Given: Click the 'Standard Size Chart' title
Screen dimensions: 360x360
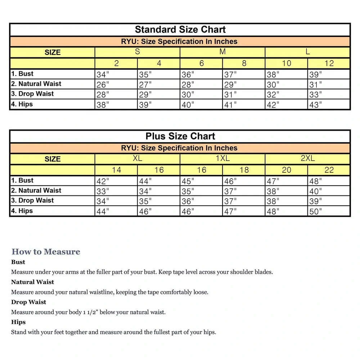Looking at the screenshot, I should pyautogui.click(x=180, y=30).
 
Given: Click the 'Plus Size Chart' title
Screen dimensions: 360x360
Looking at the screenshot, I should pyautogui.click(x=180, y=136).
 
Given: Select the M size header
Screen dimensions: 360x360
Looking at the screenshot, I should pyautogui.click(x=222, y=52).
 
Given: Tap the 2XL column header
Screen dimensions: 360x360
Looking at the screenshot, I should pyautogui.click(x=307, y=158).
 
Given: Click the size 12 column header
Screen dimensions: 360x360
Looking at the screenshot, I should pyautogui.click(x=329, y=63).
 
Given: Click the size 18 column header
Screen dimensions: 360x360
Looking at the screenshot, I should pyautogui.click(x=244, y=170).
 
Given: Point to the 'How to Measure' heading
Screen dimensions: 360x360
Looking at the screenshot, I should pyautogui.click(x=46, y=252).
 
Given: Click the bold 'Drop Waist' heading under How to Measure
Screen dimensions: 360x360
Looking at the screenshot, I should pyautogui.click(x=28, y=302).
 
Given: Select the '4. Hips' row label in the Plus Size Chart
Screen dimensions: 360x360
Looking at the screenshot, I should pyautogui.click(x=22, y=211).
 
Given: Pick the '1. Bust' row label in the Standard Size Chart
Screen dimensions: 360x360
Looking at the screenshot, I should pyautogui.click(x=22, y=74).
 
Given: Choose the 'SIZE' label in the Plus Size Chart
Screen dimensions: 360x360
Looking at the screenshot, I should pyautogui.click(x=53, y=159).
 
